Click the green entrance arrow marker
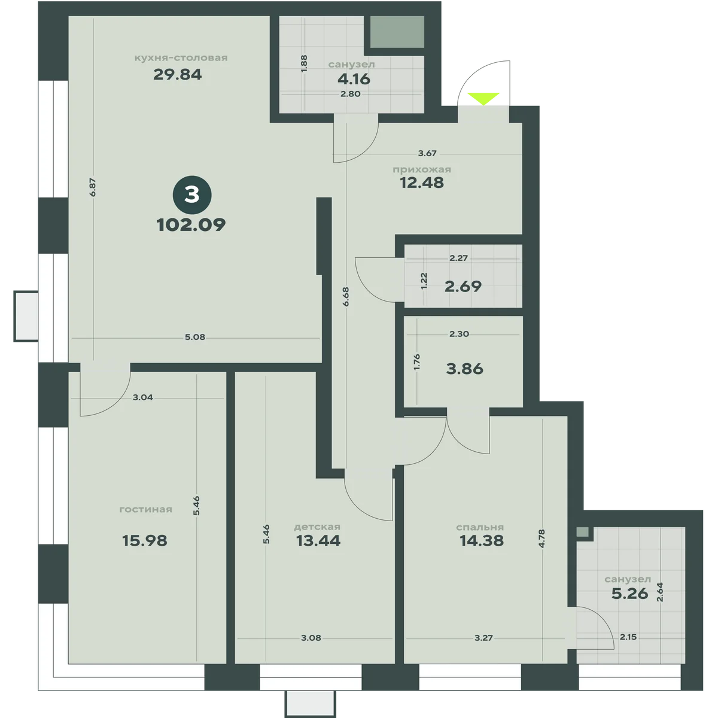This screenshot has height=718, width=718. (483, 98)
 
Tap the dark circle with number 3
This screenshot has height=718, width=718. (192, 195)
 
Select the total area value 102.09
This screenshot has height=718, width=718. (191, 225)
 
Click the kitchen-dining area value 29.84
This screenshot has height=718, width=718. (177, 75)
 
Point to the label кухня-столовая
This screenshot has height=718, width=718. (181, 58)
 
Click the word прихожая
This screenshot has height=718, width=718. (422, 169)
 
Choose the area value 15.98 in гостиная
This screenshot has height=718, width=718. (145, 540)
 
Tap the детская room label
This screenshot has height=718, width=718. (317, 527)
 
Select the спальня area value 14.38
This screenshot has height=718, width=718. (482, 540)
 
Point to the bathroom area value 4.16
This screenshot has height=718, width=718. (354, 79)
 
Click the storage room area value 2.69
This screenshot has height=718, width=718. (463, 286)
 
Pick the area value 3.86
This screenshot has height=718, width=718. (465, 369)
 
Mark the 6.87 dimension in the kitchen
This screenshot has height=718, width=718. (93, 187)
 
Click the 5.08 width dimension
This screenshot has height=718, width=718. (195, 337)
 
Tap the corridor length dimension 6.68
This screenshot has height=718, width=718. (346, 297)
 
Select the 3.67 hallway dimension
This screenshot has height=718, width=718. (427, 153)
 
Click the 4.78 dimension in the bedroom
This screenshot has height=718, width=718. (542, 538)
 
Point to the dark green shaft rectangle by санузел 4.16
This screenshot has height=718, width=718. (397, 32)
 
